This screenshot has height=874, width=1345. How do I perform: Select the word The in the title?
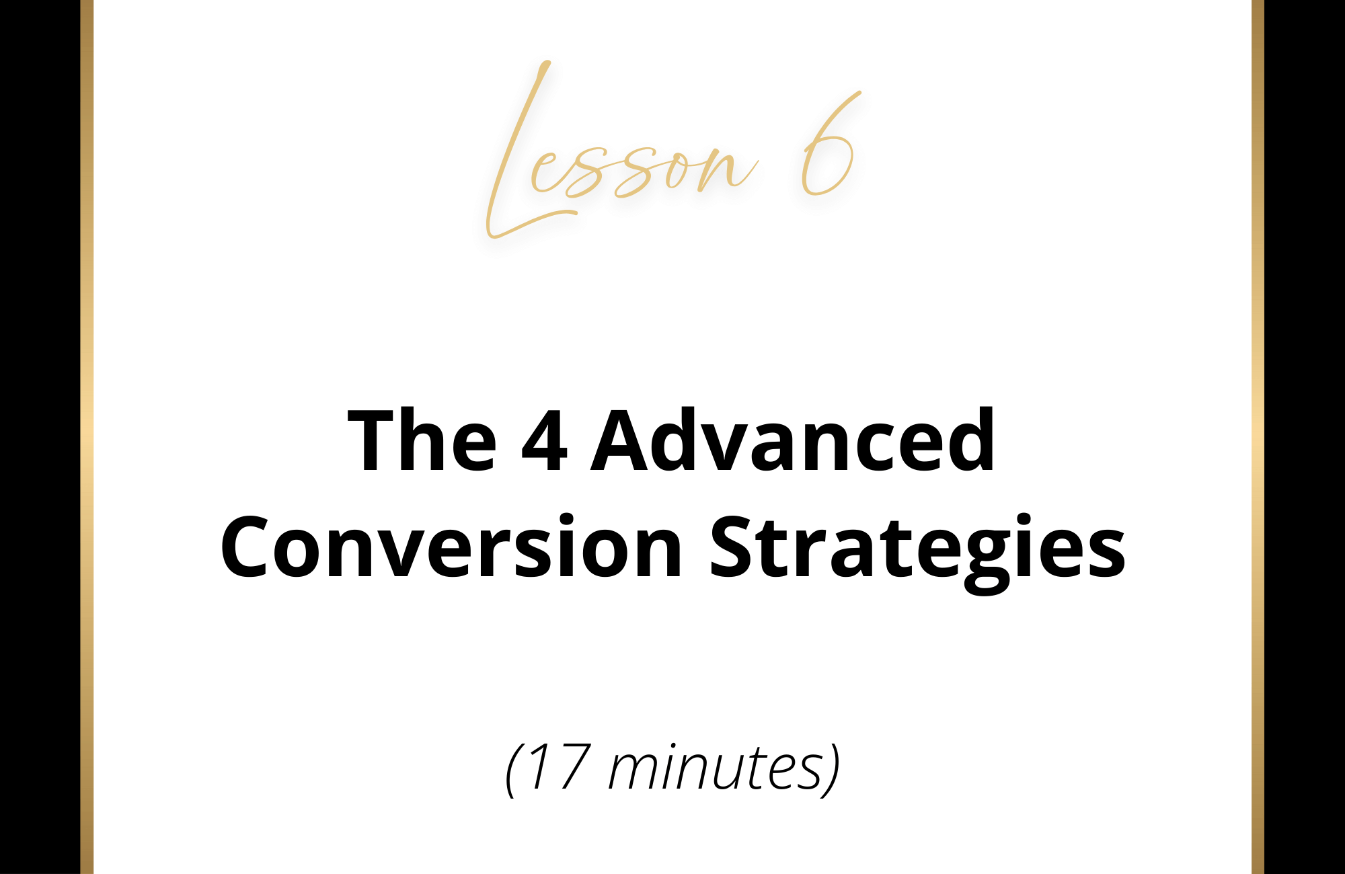[422, 441]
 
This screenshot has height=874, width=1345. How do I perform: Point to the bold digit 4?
[544, 441]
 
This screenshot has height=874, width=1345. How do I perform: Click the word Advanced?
[793, 440]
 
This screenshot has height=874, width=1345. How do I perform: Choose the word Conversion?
[451, 546]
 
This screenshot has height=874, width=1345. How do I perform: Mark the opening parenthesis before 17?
[514, 769]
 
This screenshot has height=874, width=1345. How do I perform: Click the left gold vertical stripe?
[87, 437]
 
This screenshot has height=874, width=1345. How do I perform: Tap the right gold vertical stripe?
[1258, 437]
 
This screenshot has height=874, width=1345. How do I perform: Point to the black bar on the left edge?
[40, 437]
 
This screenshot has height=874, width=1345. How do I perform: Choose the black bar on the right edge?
[1305, 437]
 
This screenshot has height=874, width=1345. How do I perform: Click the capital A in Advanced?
[621, 440]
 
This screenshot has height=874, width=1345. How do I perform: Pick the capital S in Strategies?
[735, 546]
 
